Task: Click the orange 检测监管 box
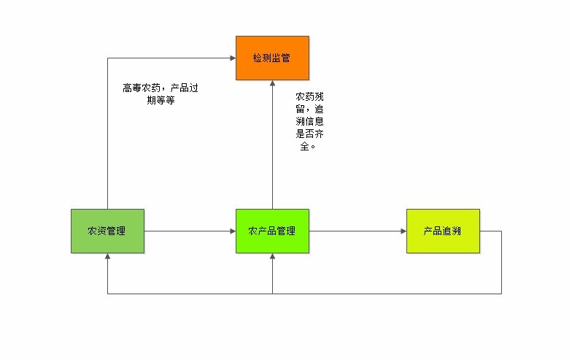271,58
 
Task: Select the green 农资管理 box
107,231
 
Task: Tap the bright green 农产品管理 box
271,231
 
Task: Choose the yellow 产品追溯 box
442,231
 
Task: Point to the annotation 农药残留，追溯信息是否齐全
309,120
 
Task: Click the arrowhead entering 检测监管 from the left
231,58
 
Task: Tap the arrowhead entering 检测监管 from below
272,84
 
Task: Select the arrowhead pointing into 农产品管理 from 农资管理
231,231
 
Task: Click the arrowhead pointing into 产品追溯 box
402,231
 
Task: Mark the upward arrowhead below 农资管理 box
107,258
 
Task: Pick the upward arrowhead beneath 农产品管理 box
272,258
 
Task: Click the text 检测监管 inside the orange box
271,58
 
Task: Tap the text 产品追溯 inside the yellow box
442,231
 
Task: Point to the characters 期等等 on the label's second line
161,101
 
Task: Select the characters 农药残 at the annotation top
309,96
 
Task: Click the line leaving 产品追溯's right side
491,231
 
